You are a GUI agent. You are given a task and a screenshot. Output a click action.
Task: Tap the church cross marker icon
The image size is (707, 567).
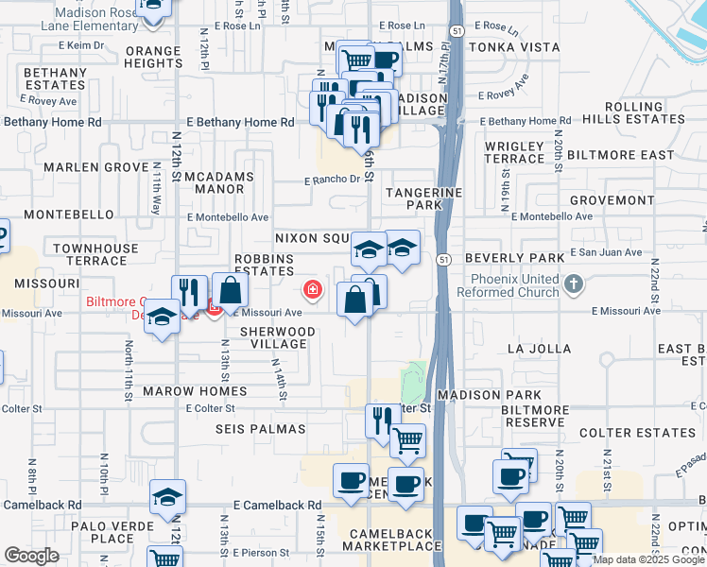573,283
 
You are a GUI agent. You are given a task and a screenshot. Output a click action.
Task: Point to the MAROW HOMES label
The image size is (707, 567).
195,390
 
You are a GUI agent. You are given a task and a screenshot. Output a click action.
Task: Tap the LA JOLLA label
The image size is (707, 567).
539,349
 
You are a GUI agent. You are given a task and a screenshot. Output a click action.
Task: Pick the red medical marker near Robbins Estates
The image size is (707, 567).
310,289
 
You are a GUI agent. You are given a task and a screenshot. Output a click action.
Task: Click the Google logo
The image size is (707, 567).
31,555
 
